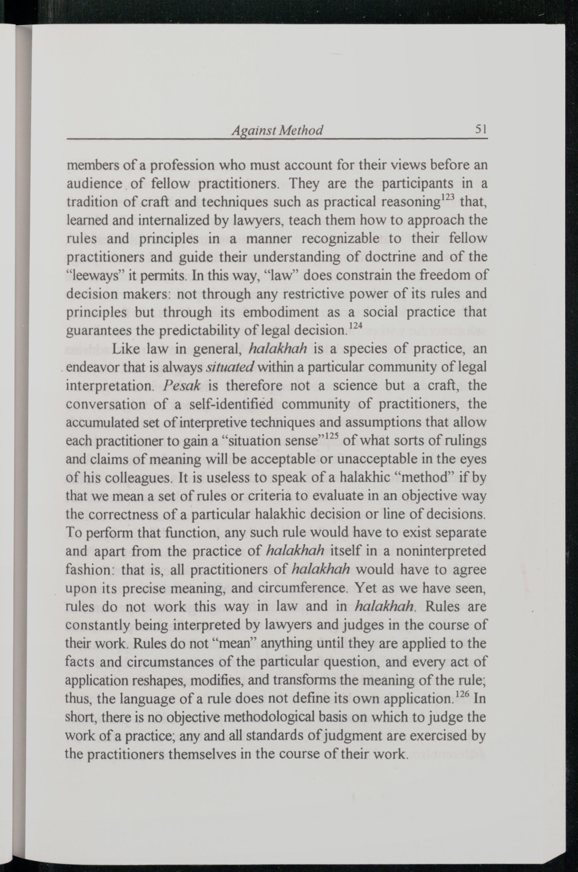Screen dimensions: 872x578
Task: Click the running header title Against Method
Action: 277,130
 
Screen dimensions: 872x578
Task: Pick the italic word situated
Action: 230,367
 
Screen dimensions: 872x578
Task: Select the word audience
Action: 94,184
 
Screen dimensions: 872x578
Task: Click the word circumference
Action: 302,588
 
